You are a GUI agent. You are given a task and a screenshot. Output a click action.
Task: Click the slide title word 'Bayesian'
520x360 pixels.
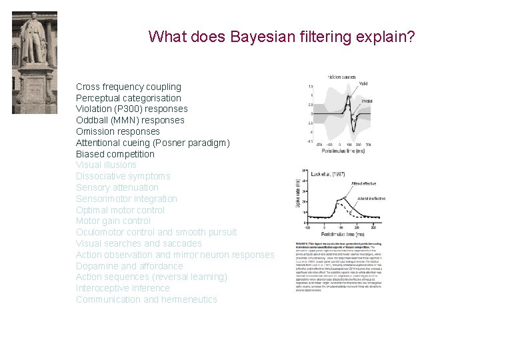coord(258,36)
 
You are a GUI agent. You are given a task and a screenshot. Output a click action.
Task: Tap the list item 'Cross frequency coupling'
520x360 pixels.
coord(128,87)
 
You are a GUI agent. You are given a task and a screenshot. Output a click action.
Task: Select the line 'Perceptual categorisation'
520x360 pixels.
coord(128,98)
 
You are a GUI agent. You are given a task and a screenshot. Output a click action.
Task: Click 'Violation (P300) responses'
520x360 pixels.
coord(131,109)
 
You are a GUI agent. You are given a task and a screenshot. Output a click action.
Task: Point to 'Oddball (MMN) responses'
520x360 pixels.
coord(130,120)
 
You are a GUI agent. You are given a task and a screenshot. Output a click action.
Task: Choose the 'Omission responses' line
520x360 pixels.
coord(117,131)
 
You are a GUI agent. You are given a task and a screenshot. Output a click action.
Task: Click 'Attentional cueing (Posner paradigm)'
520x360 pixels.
coord(153,143)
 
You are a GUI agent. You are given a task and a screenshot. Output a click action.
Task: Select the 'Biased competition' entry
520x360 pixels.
coord(115,154)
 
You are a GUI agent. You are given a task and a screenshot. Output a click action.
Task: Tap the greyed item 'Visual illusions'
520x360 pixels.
coord(106,165)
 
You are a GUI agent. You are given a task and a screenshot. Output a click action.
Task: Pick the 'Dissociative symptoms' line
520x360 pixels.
coord(123,176)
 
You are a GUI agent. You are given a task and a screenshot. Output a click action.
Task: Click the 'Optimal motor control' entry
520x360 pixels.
coord(120,210)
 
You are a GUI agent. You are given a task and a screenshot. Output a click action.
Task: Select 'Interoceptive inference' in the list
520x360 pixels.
coord(123,288)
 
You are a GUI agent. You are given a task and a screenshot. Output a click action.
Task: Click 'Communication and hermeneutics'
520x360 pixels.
coord(146,299)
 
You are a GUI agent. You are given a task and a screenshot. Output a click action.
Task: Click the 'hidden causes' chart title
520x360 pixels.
coord(343,78)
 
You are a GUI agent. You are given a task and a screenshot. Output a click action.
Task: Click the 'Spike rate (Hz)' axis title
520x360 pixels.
coord(297,194)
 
